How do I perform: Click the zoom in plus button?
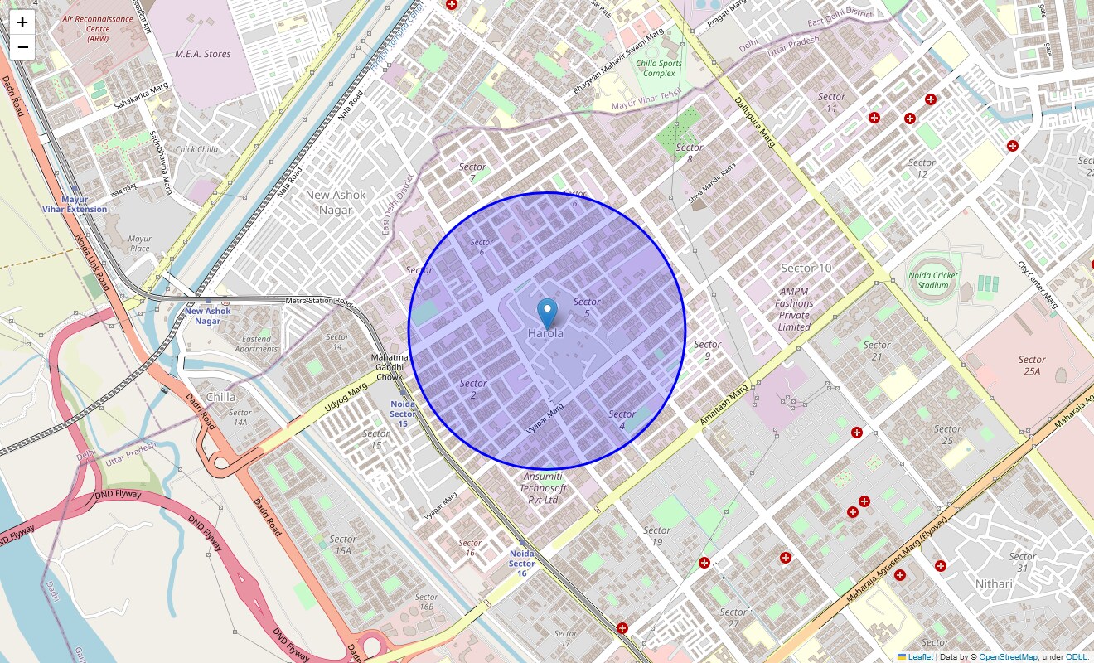click(22, 23)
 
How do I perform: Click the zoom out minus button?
click(22, 47)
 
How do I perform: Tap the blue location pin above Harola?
click(547, 313)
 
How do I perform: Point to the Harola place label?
click(545, 333)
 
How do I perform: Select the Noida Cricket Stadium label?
click(933, 280)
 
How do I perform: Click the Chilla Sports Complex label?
click(659, 68)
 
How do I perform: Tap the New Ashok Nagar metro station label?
click(207, 316)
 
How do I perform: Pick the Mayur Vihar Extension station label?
click(75, 204)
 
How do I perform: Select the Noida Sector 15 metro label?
click(403, 414)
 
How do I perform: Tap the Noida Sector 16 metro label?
click(521, 563)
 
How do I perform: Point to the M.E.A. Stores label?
click(203, 54)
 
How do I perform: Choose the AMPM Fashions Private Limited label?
click(794, 309)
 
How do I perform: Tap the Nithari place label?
click(994, 584)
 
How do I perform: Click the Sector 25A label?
click(1032, 365)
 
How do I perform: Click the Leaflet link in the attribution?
click(920, 656)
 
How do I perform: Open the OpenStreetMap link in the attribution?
click(1008, 656)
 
